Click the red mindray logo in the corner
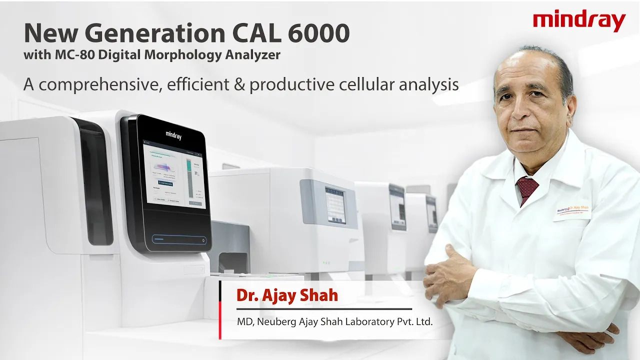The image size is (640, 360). click(x=579, y=21)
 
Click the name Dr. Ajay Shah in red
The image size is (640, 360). click(x=287, y=295)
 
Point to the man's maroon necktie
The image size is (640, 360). click(x=527, y=188)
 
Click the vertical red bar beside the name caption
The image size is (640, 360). click(x=220, y=310)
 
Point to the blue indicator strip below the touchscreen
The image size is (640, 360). click(x=178, y=239)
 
